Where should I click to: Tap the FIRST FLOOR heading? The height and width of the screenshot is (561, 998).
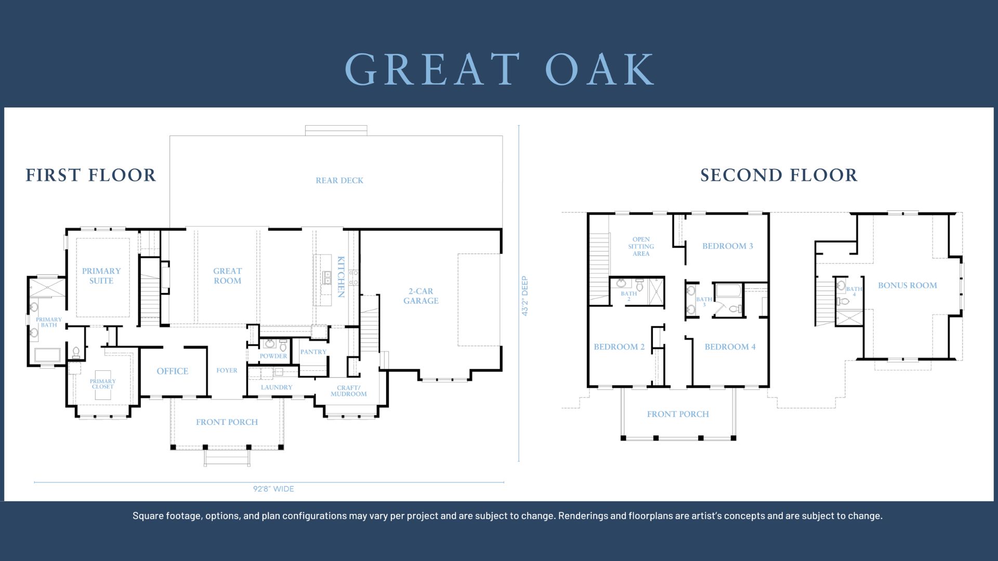pos(91,175)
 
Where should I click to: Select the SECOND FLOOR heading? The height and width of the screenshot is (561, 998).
pos(779,175)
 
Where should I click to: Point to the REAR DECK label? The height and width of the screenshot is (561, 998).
pos(339,180)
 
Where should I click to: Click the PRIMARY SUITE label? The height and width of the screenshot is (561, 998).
pos(101,276)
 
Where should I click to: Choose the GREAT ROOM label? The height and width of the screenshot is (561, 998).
pos(228,276)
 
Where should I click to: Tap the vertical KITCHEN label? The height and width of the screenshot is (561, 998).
pos(341,277)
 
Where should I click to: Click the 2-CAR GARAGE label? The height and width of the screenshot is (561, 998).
pos(421,296)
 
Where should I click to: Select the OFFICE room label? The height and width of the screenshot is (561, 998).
pos(173,371)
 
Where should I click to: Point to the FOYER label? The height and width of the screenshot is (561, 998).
pos(227,370)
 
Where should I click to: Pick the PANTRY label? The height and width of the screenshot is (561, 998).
pos(313,352)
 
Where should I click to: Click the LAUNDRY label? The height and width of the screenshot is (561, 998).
pos(277,387)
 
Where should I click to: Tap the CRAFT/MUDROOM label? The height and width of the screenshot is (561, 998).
pos(349,391)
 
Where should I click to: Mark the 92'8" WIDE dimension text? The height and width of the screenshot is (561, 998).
pos(273,489)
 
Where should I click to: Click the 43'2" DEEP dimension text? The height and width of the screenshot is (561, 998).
pos(525,296)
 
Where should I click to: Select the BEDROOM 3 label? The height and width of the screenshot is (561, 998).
pos(728,246)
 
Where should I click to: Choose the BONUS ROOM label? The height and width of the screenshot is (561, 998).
pos(908,285)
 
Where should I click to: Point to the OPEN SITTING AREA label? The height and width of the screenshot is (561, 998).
pos(641,246)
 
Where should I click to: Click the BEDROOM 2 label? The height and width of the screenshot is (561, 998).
pos(619,346)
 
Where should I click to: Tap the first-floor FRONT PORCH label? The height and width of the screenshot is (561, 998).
pos(227,422)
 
